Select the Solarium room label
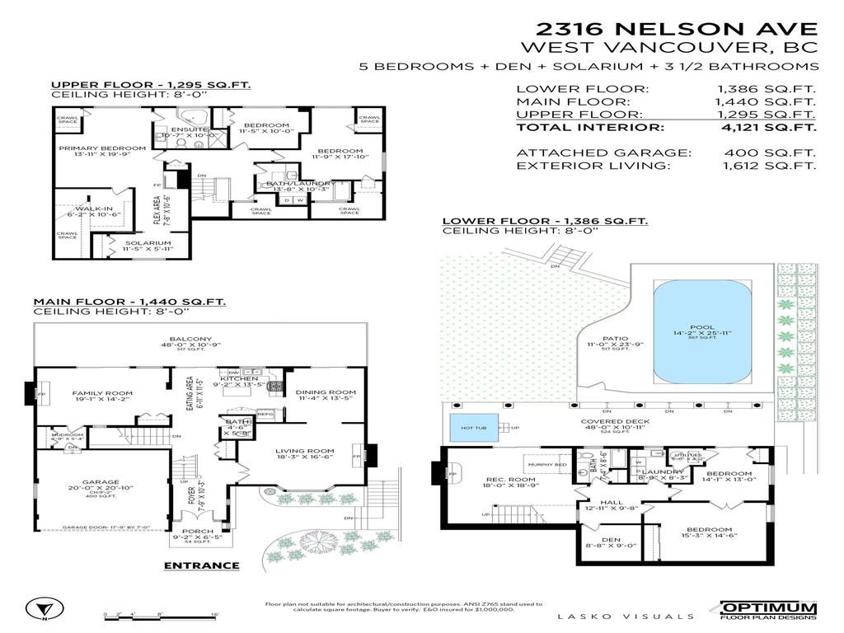[148, 243]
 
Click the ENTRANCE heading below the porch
[201, 565]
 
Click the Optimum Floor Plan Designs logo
[768, 610]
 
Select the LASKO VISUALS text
[626, 616]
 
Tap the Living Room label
[304, 451]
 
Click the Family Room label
[102, 393]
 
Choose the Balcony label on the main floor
[190, 339]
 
